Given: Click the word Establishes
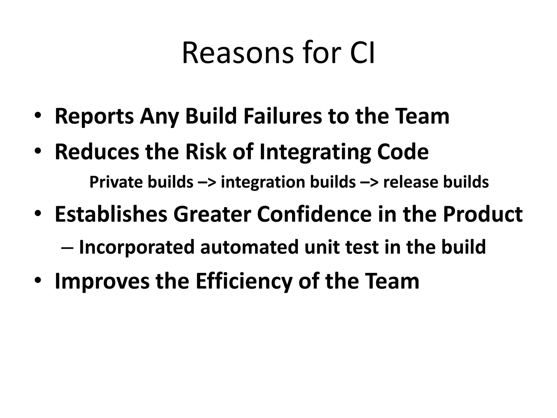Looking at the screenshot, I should pos(111,214).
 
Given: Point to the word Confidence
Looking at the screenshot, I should pos(314,214).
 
